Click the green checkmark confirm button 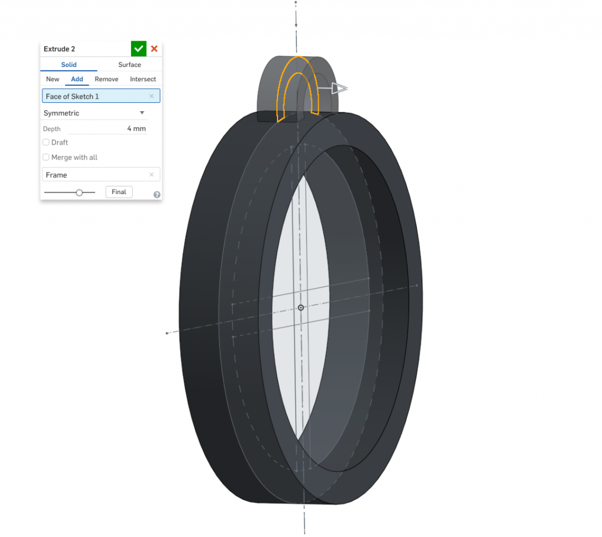pos(139,49)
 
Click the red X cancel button pos(154,49)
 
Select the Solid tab pos(69,65)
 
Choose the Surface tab pos(129,65)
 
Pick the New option pos(53,79)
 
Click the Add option pos(77,79)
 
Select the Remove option pos(106,79)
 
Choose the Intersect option pos(143,79)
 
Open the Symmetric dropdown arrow pos(142,113)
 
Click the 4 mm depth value pos(136,129)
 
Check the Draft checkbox pos(46,142)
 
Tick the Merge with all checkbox pos(46,158)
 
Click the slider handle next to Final pos(79,192)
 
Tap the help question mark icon pos(157,195)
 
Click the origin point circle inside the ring pos(301,308)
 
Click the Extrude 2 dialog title pos(59,49)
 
